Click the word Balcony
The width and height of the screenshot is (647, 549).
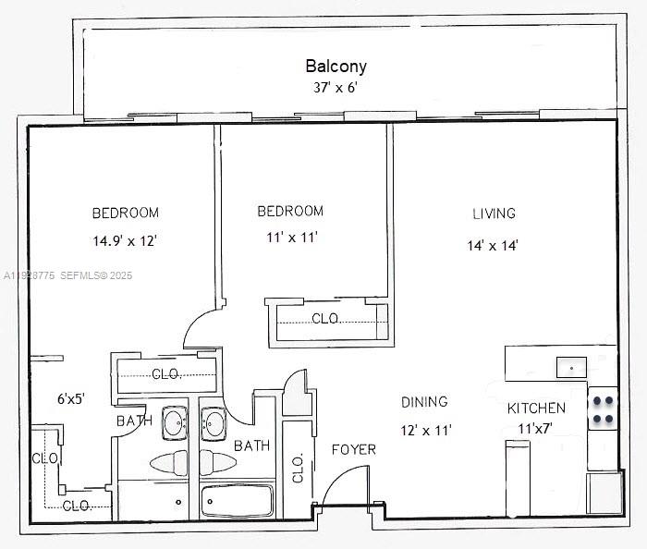click(x=336, y=66)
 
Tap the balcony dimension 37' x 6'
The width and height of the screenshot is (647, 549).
click(x=336, y=89)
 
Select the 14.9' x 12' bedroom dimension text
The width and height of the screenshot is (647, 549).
click(x=125, y=241)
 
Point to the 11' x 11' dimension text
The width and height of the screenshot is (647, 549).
click(x=292, y=238)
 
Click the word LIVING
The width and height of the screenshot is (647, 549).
click(x=494, y=213)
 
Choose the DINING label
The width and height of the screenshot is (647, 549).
click(x=424, y=402)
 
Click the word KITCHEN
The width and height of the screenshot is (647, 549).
click(x=536, y=408)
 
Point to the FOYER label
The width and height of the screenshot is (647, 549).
click(x=354, y=449)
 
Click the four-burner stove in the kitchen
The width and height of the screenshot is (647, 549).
click(x=603, y=409)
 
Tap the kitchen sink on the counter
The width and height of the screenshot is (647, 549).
click(x=572, y=367)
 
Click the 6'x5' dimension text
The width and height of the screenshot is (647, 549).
click(x=71, y=399)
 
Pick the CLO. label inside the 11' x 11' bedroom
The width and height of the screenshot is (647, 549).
click(x=325, y=319)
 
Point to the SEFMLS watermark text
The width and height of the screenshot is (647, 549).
click(x=84, y=275)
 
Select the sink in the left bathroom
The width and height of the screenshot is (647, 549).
click(x=174, y=424)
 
